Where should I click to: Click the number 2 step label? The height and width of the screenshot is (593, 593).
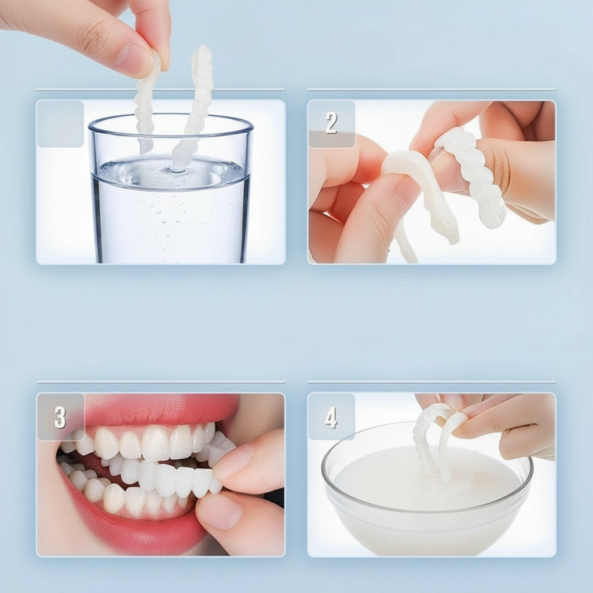coord(331,123)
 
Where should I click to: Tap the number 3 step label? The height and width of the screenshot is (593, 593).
coord(60,417)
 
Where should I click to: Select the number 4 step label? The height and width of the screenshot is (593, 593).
coord(331,417)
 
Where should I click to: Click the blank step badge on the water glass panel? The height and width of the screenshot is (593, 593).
coord(60,123)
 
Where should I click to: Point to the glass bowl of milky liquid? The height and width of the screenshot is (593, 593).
coord(427,504)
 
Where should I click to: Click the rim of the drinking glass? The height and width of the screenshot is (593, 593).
coord(171,123)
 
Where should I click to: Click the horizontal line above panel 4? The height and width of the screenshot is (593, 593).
coord(431,382)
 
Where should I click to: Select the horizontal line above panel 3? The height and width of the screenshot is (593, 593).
coord(160,382)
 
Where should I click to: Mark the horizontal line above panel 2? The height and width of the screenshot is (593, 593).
coord(431,90)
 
